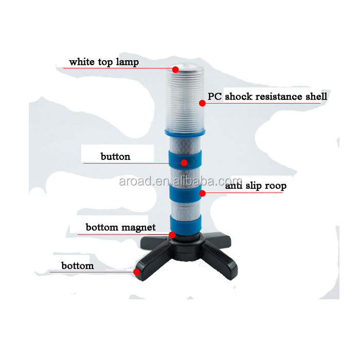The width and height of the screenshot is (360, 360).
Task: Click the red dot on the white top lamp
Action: click(x=175, y=69)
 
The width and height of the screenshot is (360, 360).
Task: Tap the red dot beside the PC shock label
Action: click(x=202, y=103)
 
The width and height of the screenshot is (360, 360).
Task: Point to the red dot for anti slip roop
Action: click(x=202, y=193)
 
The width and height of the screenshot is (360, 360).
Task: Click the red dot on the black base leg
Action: click(x=137, y=272)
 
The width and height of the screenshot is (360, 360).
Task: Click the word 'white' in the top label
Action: click(x=81, y=62)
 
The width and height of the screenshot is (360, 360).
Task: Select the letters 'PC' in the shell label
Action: click(x=215, y=96)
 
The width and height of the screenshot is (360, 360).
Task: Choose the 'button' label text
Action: click(x=115, y=156)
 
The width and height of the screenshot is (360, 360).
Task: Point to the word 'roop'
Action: click(x=275, y=186)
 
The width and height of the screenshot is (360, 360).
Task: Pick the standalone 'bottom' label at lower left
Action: click(x=78, y=266)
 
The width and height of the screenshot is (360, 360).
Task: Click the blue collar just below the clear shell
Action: click(x=184, y=132)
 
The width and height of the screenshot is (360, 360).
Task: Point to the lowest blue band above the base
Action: click(x=184, y=225)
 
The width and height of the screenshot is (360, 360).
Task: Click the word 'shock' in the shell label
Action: click(x=242, y=96)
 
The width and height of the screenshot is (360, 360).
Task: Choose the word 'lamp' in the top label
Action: click(x=127, y=62)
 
